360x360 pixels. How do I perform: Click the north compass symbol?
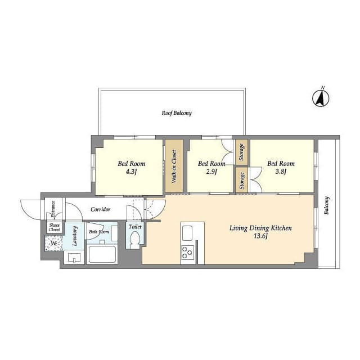click(x=321, y=98)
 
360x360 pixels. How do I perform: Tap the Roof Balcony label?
click(x=177, y=112)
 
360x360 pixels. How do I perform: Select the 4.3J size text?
click(x=131, y=172)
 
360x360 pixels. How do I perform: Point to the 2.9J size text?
click(x=211, y=172)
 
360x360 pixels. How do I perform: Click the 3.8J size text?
click(x=281, y=172)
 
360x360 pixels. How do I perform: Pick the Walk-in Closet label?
click(x=174, y=166)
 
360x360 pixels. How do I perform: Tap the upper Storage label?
click(x=241, y=152)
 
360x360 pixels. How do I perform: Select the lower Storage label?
click(x=241, y=181)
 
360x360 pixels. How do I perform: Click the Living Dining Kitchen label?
click(x=260, y=228)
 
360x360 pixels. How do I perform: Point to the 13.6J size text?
click(x=260, y=236)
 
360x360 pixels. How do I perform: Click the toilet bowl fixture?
click(x=135, y=240)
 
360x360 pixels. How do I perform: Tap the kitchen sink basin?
click(x=187, y=233)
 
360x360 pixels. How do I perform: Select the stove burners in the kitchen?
click(x=187, y=253)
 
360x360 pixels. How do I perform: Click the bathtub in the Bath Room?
click(x=102, y=254)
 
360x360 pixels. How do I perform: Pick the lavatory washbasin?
click(x=74, y=258)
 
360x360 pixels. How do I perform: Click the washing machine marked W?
click(x=54, y=244)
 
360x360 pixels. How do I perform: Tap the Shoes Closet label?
click(x=55, y=227)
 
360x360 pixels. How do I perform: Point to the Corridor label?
click(x=101, y=209)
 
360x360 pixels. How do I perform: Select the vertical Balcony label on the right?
click(x=326, y=205)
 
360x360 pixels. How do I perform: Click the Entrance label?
click(x=53, y=209)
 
